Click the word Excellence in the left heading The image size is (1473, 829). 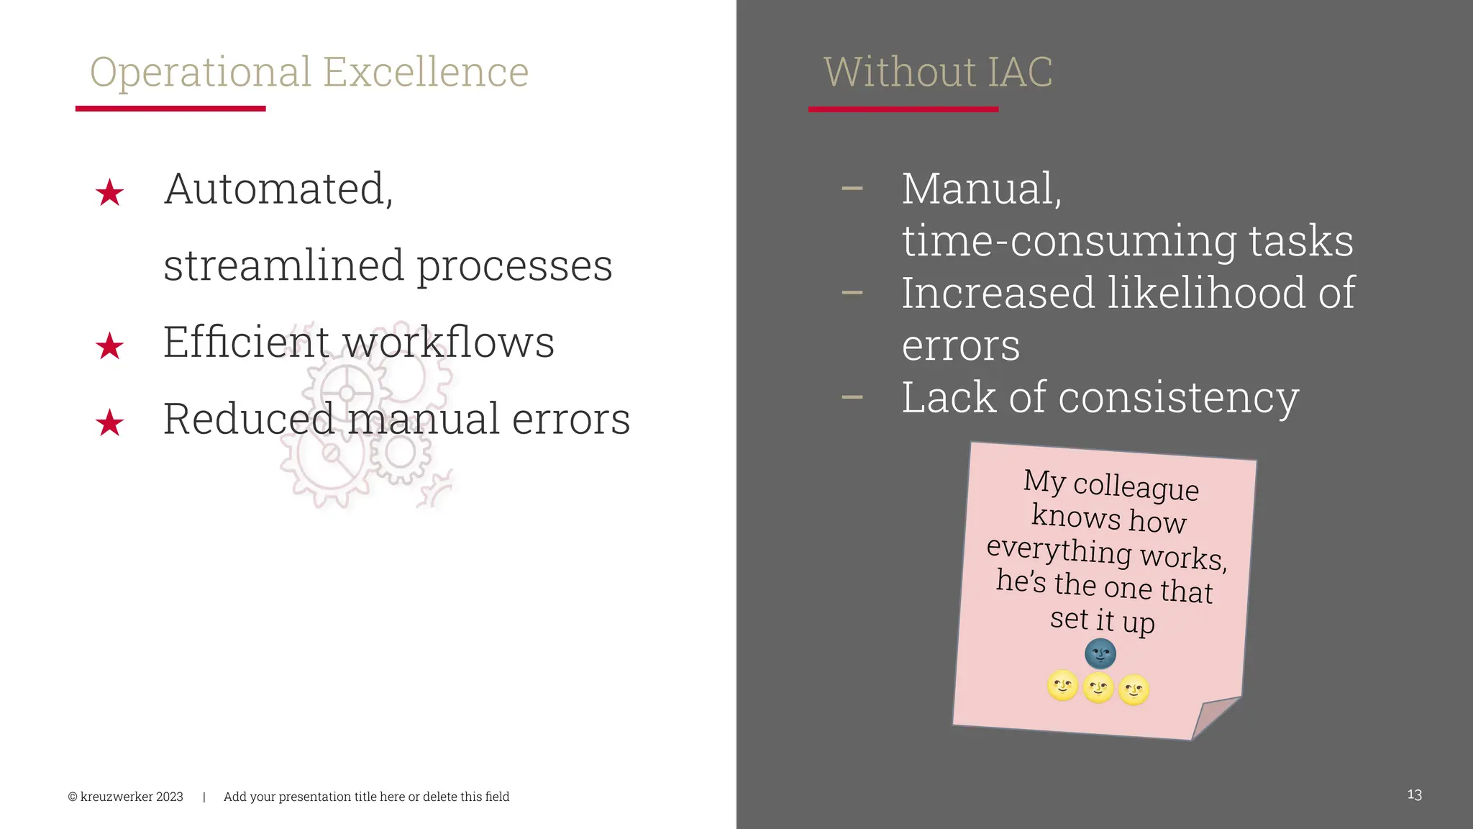[x=425, y=72]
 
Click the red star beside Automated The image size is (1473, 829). [x=109, y=193]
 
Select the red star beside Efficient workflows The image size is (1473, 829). [x=109, y=346]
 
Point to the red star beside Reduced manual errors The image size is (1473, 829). [x=109, y=423]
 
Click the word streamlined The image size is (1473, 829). [x=284, y=265]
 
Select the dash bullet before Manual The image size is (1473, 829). [x=852, y=189]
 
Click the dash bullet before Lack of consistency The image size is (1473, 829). [x=852, y=397]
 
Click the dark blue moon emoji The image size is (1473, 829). [x=1100, y=654]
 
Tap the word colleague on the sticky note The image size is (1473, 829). [x=1136, y=487]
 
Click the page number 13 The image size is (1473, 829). [x=1414, y=795]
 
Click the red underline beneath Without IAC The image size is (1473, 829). [x=903, y=109]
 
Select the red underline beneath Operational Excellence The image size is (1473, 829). [x=170, y=109]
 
